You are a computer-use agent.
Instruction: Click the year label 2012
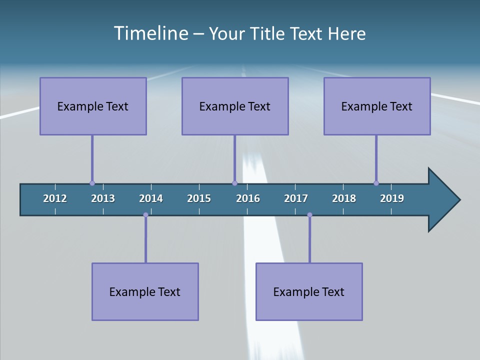coord(55,198)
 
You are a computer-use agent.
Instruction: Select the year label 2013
coord(103,198)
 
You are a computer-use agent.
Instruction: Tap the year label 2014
coord(151,198)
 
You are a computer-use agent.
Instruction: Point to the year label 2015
coord(199,198)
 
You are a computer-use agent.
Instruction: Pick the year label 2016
coord(248,198)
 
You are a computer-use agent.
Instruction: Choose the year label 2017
coord(296,198)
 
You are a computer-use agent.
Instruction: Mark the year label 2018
coord(344,198)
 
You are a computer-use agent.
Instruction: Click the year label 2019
coord(392,198)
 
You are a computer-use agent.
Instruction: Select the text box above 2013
coord(93,106)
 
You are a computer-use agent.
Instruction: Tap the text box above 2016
coord(235,106)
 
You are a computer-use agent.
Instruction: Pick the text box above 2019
coord(377,106)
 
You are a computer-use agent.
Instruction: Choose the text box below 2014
coord(145,291)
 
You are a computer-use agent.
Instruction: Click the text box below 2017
coord(309,291)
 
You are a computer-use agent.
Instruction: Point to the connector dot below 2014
coord(145,215)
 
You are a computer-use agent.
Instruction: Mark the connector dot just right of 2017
coord(309,215)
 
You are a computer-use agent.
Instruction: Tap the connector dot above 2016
coord(234,183)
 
